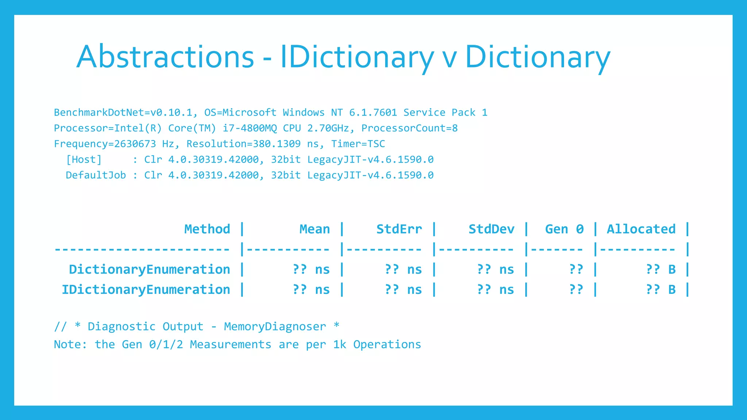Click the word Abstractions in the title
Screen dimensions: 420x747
165,57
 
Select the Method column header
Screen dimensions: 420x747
207,229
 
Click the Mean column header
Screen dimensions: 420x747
314,229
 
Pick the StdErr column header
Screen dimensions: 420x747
399,229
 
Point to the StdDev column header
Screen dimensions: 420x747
491,229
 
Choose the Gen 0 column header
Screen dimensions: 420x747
564,229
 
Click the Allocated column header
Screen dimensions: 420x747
641,229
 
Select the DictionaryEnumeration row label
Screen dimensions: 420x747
150,269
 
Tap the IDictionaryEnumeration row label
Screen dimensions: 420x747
146,289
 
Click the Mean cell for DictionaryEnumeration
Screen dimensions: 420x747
311,269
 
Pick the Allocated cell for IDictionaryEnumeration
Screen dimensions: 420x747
661,289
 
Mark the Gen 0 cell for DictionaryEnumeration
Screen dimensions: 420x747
576,269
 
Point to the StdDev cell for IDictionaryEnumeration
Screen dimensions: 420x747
495,289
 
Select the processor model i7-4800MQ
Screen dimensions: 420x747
249,128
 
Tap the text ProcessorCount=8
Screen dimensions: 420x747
409,128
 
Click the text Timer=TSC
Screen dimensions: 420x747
358,144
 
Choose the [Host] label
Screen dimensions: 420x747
84,159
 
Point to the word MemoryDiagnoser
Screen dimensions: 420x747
275,326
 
